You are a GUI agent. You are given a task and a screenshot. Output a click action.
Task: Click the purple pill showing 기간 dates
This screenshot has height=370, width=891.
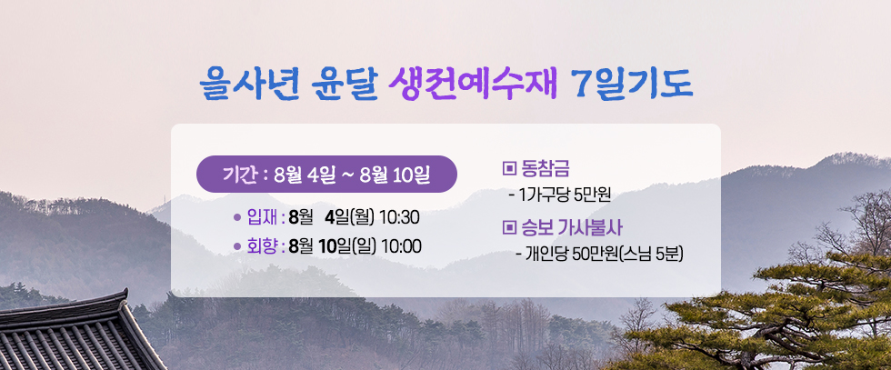point(326,174)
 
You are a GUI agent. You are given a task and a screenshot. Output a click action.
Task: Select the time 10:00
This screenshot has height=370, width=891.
point(401,246)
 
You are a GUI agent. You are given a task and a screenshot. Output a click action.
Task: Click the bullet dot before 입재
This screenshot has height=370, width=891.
point(237,217)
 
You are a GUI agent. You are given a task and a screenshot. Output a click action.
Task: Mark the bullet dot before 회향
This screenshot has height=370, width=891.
point(237,246)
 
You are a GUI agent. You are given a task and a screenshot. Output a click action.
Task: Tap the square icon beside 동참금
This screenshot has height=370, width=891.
point(508,168)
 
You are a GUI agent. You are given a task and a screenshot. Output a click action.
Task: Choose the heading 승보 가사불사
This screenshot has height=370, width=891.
point(572,228)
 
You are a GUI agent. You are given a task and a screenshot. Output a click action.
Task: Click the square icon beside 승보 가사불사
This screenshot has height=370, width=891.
point(508,228)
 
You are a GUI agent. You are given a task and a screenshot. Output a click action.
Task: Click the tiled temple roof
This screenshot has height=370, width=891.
point(76,335)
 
